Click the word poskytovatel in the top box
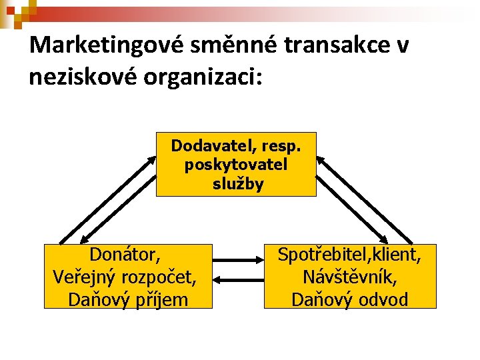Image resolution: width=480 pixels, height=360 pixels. click(236, 165)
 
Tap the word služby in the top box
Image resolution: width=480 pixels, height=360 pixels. click(237, 184)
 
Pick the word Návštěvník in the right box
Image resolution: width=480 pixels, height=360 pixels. click(350, 277)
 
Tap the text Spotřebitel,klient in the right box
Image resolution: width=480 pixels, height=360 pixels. click(349, 255)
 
